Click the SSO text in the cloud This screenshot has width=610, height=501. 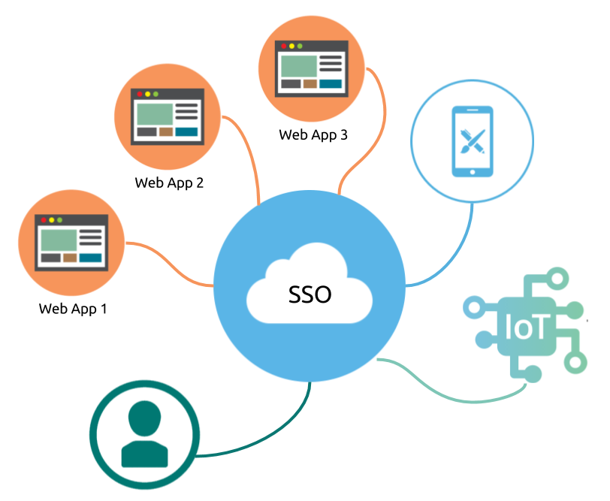tap(310, 294)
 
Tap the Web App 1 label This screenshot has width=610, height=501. tap(73, 309)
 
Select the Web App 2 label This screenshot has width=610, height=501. tap(169, 183)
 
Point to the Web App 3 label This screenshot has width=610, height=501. tap(313, 135)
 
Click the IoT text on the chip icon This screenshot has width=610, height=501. tap(527, 327)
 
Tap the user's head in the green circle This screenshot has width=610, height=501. tap(144, 418)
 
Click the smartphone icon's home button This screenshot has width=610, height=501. tap(473, 172)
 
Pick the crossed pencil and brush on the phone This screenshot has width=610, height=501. tap(473, 141)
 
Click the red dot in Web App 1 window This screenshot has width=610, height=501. tap(44, 220)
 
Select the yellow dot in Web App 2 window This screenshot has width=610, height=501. tap(147, 94)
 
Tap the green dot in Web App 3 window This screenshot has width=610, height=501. tap(300, 47)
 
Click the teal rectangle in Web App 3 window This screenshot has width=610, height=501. tap(331, 83)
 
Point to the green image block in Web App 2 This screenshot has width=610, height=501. tap(155, 114)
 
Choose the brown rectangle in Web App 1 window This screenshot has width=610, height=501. tap(70, 258)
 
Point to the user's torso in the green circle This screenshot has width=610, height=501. tap(145, 454)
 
